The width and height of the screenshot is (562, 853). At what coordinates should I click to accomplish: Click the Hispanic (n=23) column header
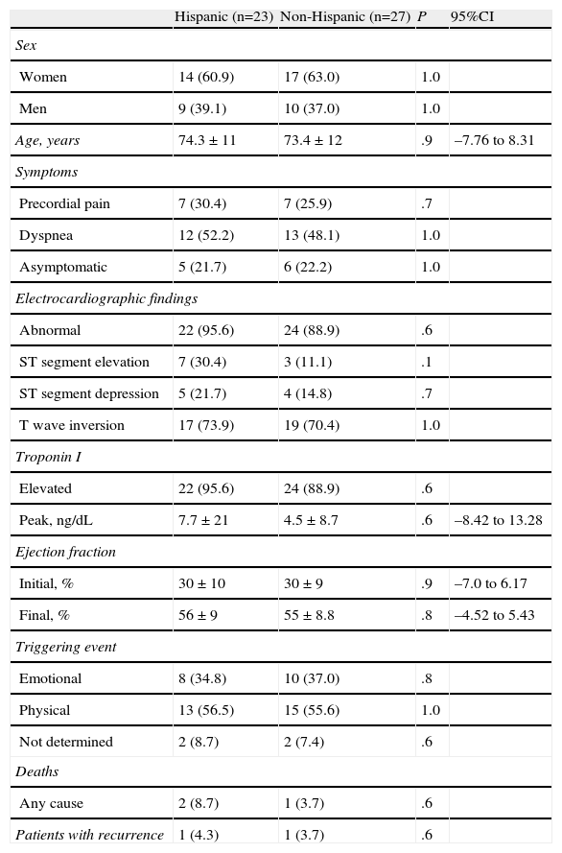pos(223,17)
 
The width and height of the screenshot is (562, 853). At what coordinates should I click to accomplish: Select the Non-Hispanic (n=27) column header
pos(344,17)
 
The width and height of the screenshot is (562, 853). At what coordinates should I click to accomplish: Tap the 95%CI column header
pos(472,17)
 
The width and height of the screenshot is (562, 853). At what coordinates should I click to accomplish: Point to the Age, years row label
pos(47,140)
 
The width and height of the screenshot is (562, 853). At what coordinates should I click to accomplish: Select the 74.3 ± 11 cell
pos(207,140)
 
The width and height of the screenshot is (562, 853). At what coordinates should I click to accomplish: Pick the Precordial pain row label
pos(64,203)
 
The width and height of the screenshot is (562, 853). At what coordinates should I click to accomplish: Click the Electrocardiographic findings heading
pos(106,298)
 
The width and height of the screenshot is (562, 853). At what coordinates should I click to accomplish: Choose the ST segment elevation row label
pos(84,362)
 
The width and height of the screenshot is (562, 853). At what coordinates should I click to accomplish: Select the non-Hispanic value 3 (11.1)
pos(307,362)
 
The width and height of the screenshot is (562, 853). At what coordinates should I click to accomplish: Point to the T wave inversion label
pos(72,425)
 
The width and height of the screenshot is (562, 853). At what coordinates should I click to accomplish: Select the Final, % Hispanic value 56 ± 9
pos(198,615)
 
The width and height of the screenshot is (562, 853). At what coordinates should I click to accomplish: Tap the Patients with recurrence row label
pos(89,835)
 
